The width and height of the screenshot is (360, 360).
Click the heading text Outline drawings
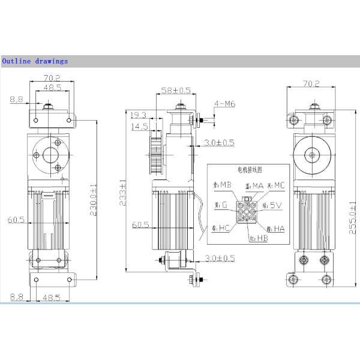click(35, 61)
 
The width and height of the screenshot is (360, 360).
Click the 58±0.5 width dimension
click(176, 91)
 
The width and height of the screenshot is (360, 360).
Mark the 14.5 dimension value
click(139, 127)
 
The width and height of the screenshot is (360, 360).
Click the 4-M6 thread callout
click(226, 104)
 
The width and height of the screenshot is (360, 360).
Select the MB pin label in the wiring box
click(225, 184)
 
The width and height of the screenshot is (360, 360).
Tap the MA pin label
click(256, 186)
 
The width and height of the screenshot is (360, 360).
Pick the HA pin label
click(280, 228)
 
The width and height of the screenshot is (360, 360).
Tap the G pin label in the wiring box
click(224, 205)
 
